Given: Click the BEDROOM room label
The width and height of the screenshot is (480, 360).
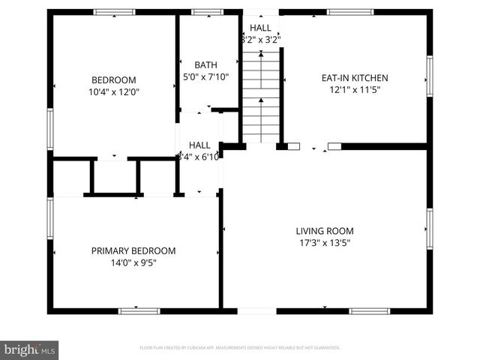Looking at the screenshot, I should pyautogui.click(x=113, y=80).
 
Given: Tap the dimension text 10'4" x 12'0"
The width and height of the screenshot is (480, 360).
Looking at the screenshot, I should pyautogui.click(x=113, y=92).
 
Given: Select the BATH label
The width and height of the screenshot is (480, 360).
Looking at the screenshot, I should pyautogui.click(x=205, y=65).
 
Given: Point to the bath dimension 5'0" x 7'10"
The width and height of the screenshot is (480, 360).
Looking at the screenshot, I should pyautogui.click(x=205, y=76).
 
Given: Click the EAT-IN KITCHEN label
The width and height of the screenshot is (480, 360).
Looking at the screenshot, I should pyautogui.click(x=354, y=78).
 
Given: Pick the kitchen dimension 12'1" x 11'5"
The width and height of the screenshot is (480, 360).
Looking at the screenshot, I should pyautogui.click(x=354, y=90).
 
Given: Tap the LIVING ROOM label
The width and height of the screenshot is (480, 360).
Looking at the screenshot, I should pyautogui.click(x=324, y=231).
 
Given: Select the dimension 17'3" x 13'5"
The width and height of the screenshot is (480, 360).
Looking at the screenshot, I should pyautogui.click(x=324, y=243).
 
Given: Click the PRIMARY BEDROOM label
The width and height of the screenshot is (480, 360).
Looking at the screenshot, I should pyautogui.click(x=133, y=251).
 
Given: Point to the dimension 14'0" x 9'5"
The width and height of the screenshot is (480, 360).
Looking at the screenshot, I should pyautogui.click(x=133, y=263).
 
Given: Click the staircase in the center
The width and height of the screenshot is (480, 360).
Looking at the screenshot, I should pyautogui.click(x=261, y=94).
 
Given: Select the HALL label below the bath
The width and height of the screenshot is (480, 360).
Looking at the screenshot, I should pyautogui.click(x=199, y=145).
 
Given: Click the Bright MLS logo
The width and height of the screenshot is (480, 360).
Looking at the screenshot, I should pyautogui.click(x=29, y=349).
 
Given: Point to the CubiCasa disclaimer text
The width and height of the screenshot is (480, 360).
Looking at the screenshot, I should pyautogui.click(x=240, y=348).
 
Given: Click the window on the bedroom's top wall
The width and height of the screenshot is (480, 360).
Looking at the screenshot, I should pyautogui.click(x=114, y=12).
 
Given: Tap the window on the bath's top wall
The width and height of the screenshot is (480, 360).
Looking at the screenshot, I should pyautogui.click(x=202, y=12).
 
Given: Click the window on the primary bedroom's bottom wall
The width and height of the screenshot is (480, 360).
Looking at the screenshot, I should pyautogui.click(x=139, y=310).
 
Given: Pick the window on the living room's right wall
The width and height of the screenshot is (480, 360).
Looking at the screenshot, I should pyautogui.click(x=429, y=229).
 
